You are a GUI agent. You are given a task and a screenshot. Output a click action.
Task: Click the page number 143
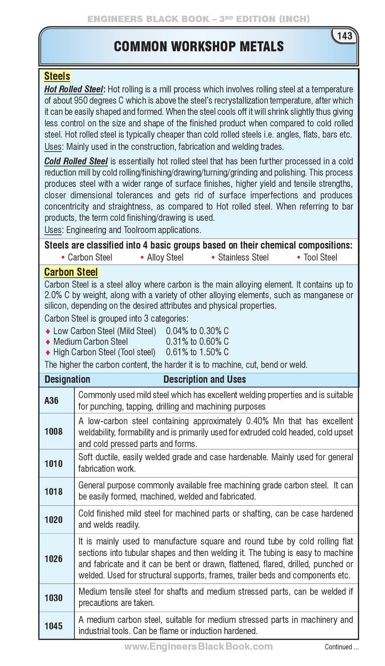[345, 36]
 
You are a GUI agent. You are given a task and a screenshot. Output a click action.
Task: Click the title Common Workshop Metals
[199, 47]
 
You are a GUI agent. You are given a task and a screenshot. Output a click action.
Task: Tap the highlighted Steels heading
[57, 77]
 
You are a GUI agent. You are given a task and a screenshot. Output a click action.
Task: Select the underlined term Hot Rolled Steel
[74, 89]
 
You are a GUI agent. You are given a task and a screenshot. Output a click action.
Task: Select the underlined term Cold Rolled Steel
[76, 162]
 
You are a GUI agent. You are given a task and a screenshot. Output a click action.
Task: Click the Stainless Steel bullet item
[243, 257]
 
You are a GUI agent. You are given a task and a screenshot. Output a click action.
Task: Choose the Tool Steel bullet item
[320, 257]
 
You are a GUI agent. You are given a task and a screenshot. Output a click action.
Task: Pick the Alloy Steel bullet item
[165, 257]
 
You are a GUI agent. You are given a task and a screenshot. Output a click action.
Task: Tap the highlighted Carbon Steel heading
[71, 272]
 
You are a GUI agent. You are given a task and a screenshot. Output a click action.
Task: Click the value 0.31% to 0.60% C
[197, 342]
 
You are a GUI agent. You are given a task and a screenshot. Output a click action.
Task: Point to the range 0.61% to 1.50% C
[197, 352]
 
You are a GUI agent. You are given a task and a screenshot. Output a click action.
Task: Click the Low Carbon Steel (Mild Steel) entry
[104, 331]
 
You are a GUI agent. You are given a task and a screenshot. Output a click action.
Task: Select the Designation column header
[67, 379]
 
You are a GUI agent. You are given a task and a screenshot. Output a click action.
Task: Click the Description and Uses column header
[204, 379]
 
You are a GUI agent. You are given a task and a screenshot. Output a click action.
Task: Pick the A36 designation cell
[51, 400]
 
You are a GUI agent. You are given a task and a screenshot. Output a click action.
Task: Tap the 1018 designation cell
[53, 491]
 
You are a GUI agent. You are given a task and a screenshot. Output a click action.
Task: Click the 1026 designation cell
[53, 559]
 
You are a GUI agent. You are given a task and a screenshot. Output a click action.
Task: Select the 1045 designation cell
[53, 626]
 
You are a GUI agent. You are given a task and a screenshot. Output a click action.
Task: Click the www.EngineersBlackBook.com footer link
[199, 646]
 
